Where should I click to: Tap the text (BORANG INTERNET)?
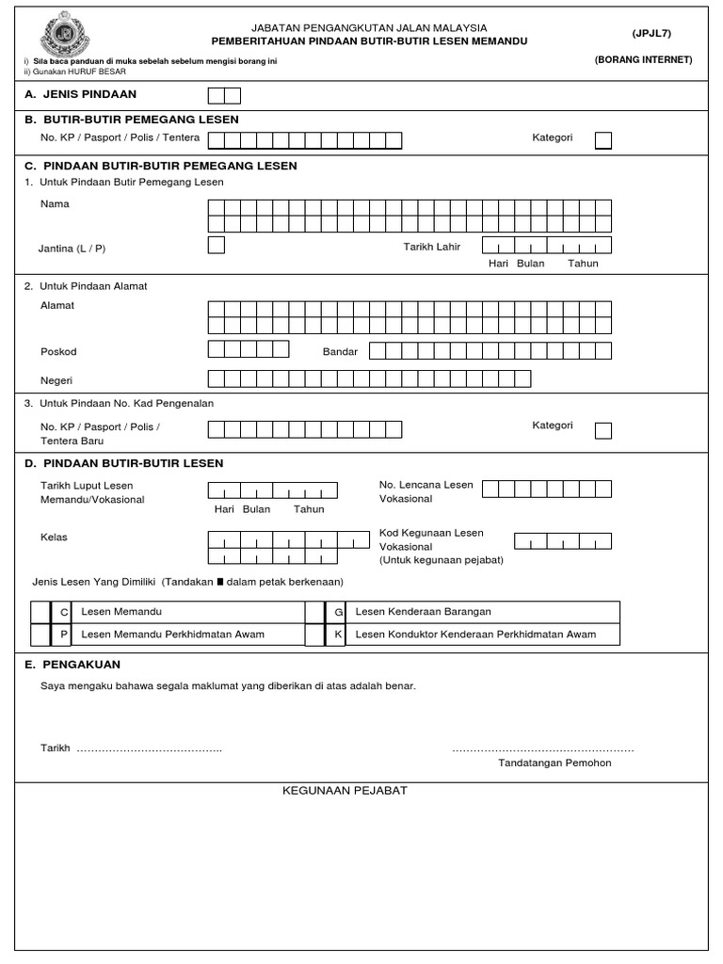click(x=643, y=59)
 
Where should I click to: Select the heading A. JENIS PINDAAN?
click(x=81, y=94)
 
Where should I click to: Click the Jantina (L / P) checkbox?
click(x=216, y=246)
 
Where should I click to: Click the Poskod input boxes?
click(x=248, y=349)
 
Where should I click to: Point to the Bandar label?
click(x=340, y=351)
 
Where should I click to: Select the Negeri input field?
click(x=368, y=378)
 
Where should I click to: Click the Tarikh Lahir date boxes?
click(x=546, y=245)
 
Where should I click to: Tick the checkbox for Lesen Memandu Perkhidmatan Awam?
click(x=40, y=635)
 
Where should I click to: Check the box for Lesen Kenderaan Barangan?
click(x=314, y=612)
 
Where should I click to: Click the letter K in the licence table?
click(x=337, y=635)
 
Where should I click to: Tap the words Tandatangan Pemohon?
click(x=554, y=763)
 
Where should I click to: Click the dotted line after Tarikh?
click(x=149, y=749)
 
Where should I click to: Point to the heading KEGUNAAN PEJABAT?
click(x=345, y=790)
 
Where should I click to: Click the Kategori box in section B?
click(x=602, y=140)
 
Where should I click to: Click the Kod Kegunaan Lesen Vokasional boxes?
click(x=562, y=540)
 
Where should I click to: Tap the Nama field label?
click(x=55, y=203)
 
